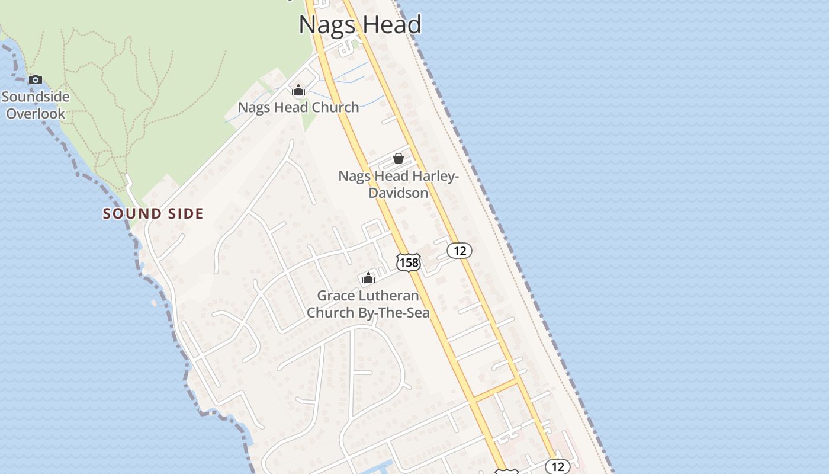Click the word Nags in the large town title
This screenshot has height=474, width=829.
(x=327, y=25)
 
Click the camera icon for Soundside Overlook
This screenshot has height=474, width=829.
(x=36, y=79)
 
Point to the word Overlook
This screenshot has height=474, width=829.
(x=36, y=113)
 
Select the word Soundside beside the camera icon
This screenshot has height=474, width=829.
(x=36, y=97)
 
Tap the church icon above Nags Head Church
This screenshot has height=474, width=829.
(x=298, y=90)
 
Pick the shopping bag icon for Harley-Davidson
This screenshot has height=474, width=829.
(x=399, y=158)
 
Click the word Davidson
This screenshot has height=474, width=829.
(x=398, y=193)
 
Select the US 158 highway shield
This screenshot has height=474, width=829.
(x=408, y=262)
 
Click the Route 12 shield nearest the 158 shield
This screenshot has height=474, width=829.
(x=460, y=251)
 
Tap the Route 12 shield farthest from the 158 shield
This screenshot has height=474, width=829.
(x=557, y=466)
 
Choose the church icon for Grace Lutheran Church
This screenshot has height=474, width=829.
(x=368, y=278)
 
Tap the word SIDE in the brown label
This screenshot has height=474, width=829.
(x=183, y=214)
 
